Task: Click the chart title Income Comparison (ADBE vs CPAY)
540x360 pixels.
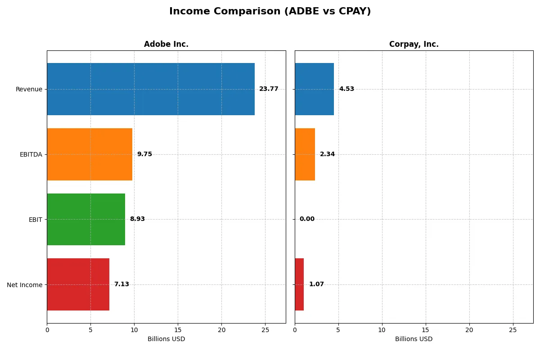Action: tap(270, 12)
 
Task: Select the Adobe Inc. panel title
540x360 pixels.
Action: tap(166, 44)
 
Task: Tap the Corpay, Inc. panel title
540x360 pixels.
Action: tap(414, 44)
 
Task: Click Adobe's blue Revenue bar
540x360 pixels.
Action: tap(151, 89)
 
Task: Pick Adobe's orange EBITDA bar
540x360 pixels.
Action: tap(90, 154)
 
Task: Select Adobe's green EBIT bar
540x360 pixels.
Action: tap(86, 219)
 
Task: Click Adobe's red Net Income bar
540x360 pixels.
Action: tap(78, 284)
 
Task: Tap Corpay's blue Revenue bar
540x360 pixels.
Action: tap(314, 89)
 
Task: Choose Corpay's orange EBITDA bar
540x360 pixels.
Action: tap(305, 154)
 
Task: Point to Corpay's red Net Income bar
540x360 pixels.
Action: tap(299, 284)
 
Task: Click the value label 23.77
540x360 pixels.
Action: tap(269, 89)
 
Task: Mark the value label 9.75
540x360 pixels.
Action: tap(144, 154)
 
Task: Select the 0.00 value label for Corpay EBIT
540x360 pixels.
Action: tap(307, 219)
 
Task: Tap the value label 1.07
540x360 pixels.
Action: tap(316, 284)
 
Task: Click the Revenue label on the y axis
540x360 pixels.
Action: tap(29, 89)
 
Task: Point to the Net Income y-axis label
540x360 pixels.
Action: tap(25, 284)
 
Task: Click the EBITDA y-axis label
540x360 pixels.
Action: tap(31, 154)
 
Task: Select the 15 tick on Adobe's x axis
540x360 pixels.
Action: tap(178, 330)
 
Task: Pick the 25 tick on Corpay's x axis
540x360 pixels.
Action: tap(513, 330)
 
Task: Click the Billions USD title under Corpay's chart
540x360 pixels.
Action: tap(414, 339)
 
